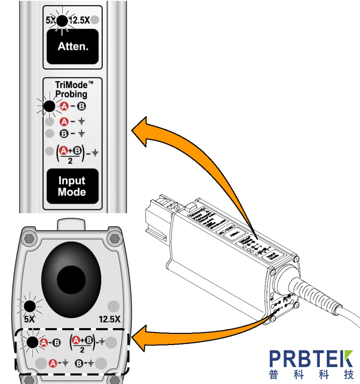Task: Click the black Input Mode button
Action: click(x=72, y=186)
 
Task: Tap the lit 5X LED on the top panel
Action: click(x=62, y=21)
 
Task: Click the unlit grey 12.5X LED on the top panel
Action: click(x=94, y=21)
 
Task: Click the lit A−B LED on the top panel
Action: click(x=49, y=107)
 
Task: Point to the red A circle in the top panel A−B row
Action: click(x=64, y=107)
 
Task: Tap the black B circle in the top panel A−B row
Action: click(x=82, y=107)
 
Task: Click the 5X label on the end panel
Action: click(x=30, y=319)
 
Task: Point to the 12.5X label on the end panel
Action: click(x=110, y=319)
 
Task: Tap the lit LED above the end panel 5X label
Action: click(x=30, y=305)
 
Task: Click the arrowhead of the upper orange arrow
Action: click(x=138, y=130)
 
